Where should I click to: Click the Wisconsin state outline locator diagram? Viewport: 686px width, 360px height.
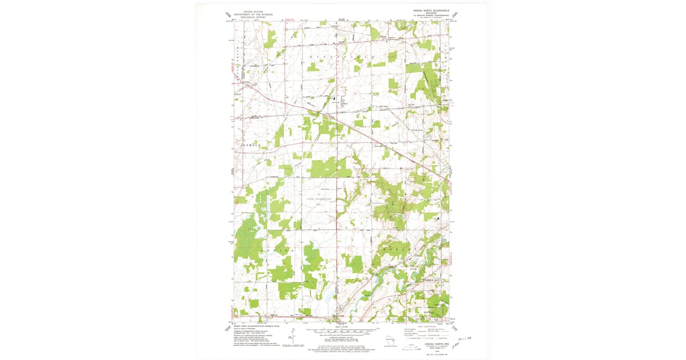click(390, 341)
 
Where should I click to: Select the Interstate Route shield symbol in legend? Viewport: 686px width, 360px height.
click(408, 338)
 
